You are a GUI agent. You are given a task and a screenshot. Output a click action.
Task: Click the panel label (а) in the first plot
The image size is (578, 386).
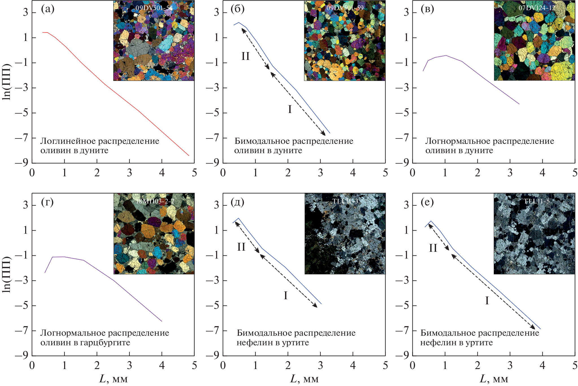(x=47, y=9)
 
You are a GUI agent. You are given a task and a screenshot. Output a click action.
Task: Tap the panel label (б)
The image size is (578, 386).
(x=237, y=9)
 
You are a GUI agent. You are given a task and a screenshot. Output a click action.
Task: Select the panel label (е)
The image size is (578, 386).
(x=427, y=202)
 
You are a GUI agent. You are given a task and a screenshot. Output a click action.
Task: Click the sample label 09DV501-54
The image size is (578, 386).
(x=154, y=8)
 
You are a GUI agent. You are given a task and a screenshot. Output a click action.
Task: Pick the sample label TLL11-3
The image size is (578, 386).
(x=345, y=201)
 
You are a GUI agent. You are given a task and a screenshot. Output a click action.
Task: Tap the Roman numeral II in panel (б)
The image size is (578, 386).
(x=245, y=56)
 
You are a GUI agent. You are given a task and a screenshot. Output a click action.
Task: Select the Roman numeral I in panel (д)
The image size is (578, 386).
(x=286, y=296)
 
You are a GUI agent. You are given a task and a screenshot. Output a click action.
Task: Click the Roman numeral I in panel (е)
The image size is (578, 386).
(x=487, y=301)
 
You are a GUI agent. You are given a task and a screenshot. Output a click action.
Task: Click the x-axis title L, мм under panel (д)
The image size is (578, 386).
(x=304, y=379)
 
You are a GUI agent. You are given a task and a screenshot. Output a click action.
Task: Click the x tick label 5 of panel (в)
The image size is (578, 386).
(x=575, y=173)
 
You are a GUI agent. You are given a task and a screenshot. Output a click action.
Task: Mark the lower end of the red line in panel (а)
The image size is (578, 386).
(x=189, y=155)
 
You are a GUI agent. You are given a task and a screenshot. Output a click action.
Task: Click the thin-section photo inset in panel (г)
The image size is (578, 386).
(x=154, y=234)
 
